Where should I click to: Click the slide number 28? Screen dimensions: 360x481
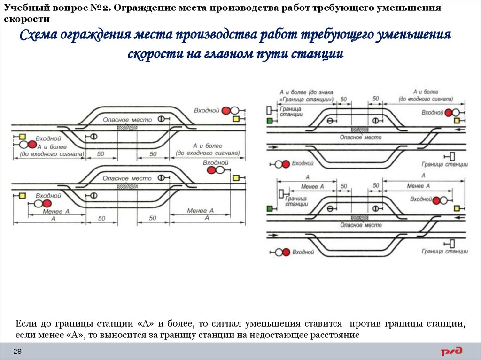pyautogui.click(x=18, y=351)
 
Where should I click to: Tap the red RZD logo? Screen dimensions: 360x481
pyautogui.click(x=451, y=351)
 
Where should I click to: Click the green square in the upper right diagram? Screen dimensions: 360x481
pyautogui.click(x=270, y=121)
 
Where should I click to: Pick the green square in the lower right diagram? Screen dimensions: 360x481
pyautogui.click(x=270, y=208)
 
